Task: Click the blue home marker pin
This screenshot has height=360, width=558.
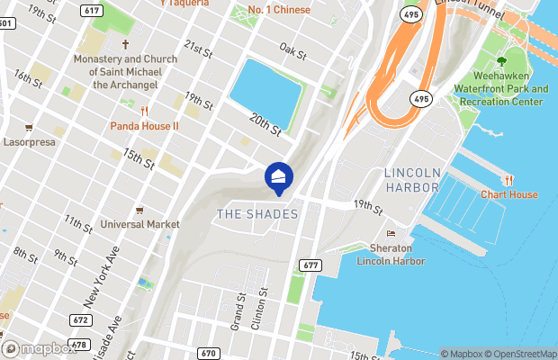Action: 278,176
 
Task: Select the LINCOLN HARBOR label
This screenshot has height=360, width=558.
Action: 412,180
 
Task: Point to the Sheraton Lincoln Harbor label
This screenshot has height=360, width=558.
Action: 391,254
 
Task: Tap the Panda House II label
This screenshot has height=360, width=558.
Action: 145,126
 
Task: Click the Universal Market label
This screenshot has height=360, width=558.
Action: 139,223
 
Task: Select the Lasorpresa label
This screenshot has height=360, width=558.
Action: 31,142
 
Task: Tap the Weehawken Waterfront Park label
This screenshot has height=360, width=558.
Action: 501,89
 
